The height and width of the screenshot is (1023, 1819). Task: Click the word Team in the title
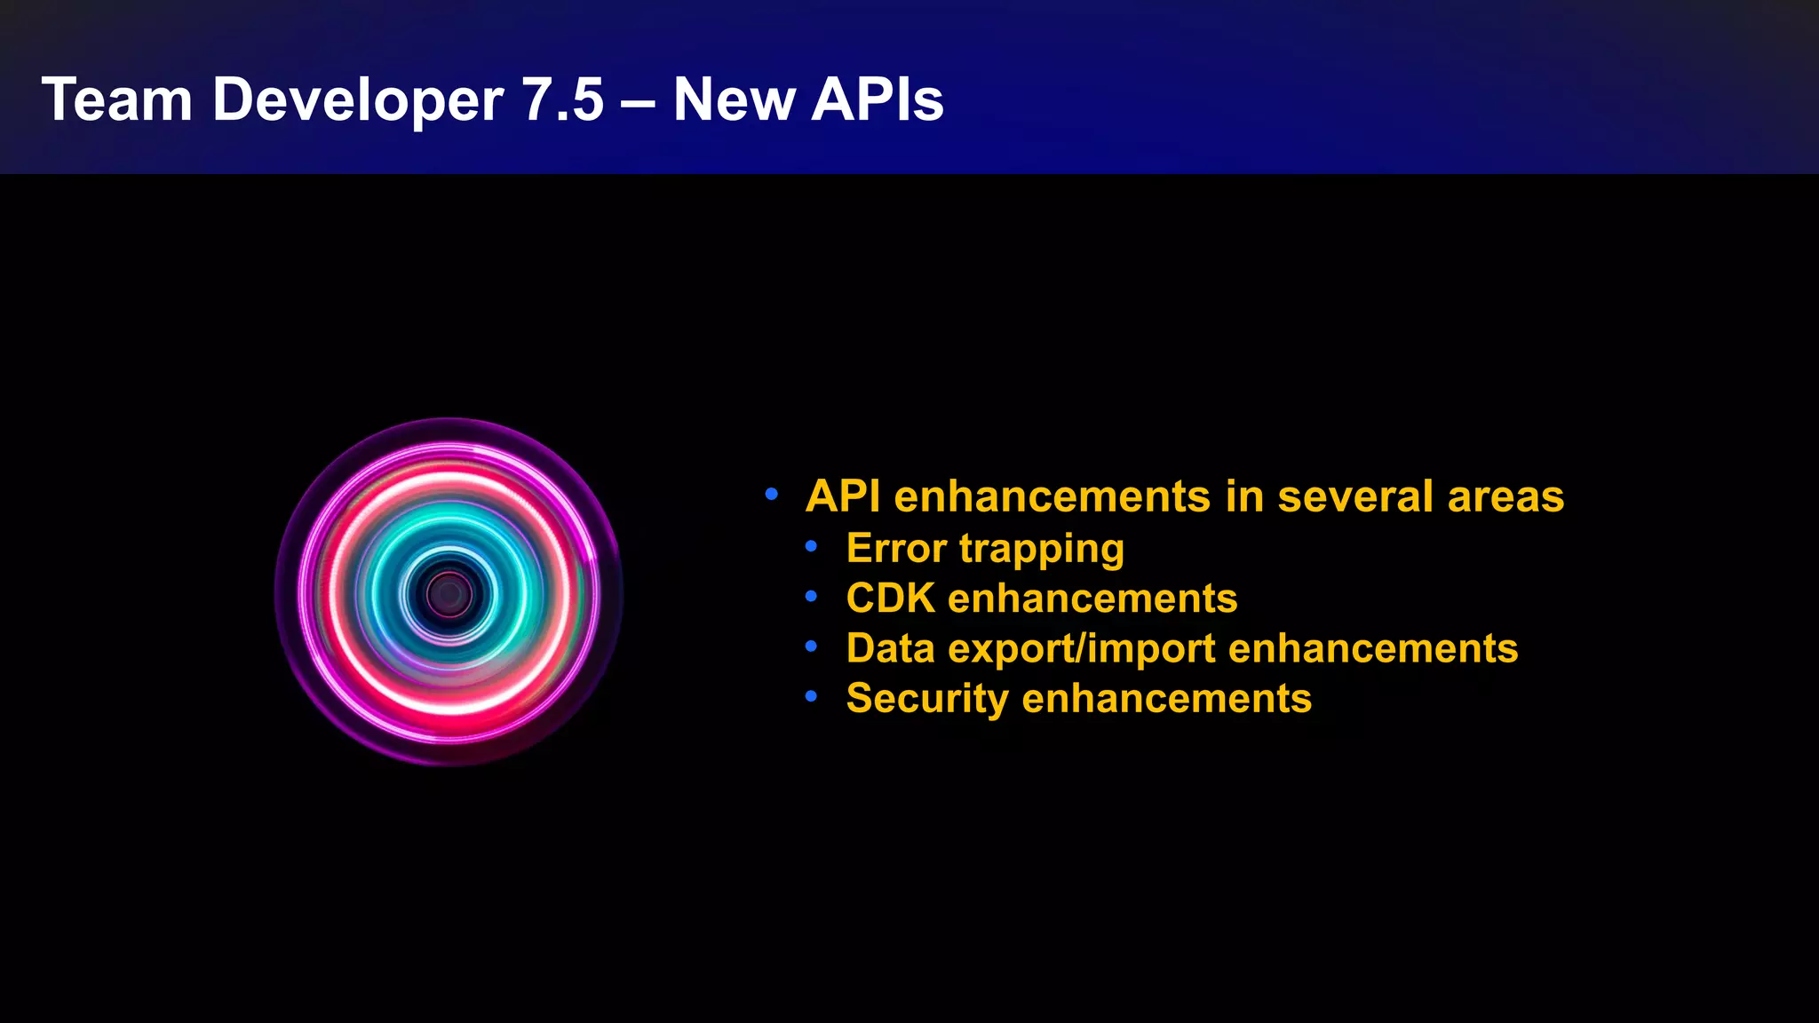(116, 99)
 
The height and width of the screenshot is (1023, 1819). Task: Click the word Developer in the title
(357, 99)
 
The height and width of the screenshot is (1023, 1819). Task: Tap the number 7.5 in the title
(562, 99)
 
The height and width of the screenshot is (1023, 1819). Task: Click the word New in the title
(734, 99)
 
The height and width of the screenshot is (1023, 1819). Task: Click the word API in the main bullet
(843, 496)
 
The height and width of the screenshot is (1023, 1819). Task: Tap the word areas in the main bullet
(1505, 497)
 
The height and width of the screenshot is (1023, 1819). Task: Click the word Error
(896, 548)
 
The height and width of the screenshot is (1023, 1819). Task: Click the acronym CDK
(890, 599)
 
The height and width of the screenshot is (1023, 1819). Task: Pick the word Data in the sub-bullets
(891, 648)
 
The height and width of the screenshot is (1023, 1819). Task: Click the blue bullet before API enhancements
(771, 494)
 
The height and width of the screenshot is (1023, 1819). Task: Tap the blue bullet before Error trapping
(810, 547)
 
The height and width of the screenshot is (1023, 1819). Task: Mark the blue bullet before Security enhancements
(810, 697)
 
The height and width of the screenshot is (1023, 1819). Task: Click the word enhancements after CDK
(1092, 599)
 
